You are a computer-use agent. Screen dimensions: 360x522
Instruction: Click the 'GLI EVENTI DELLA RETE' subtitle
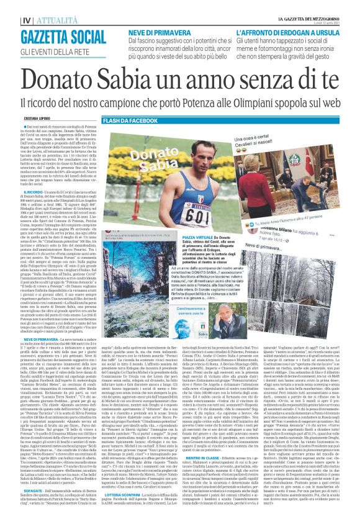[x=41, y=49]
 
